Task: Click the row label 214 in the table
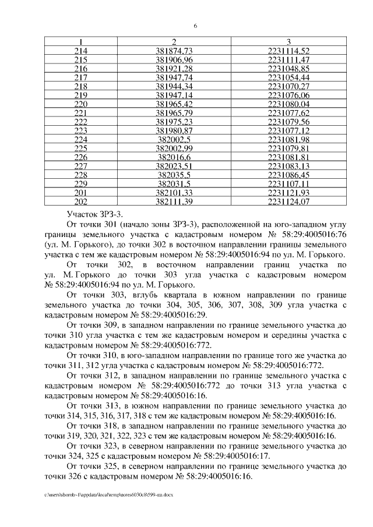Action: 81,51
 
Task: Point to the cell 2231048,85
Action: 288,69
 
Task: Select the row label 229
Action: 81,183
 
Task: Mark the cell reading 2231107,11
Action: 288,183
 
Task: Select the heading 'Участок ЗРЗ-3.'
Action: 96,214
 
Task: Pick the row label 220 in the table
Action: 81,104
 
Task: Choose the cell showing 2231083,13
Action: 288,166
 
